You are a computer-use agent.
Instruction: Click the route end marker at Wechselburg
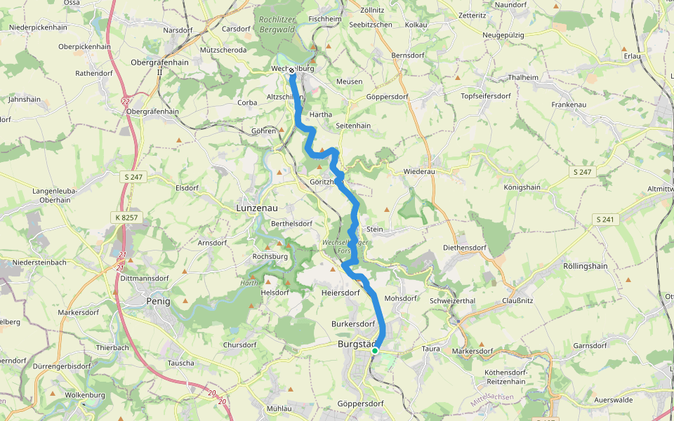(x=291, y=70)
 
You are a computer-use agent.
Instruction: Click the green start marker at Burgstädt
(x=375, y=350)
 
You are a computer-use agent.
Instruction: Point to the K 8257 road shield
(x=126, y=218)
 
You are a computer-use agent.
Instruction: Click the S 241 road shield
(x=604, y=219)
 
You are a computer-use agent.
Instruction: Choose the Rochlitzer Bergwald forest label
(x=278, y=24)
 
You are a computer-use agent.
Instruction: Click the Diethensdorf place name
(x=465, y=248)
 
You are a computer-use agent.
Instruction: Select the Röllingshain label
(x=586, y=266)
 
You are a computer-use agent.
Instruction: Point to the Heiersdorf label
(x=340, y=292)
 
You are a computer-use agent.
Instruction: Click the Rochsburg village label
(x=271, y=257)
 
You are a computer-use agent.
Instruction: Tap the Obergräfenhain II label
(x=159, y=67)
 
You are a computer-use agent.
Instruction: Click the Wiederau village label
(x=420, y=172)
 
